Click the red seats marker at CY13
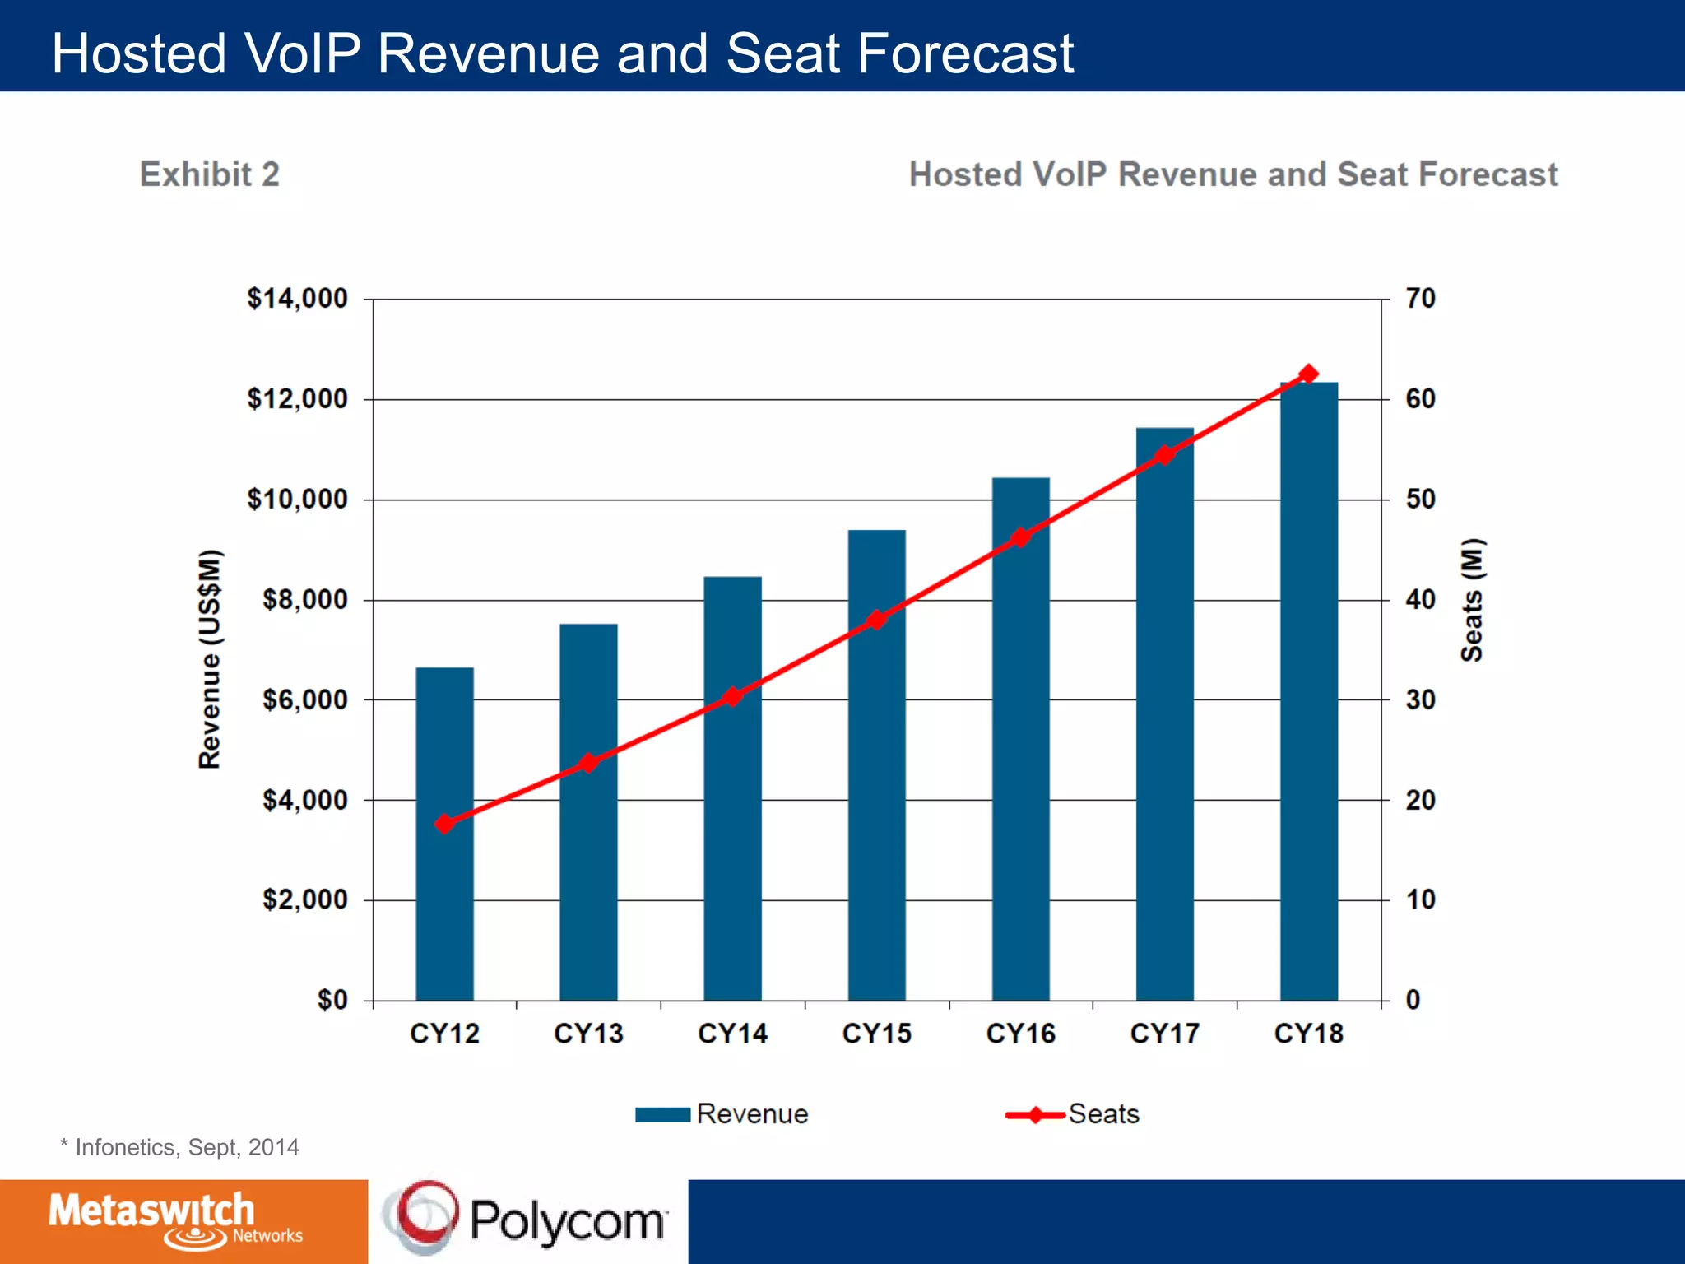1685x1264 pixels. (587, 763)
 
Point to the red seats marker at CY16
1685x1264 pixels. (1020, 537)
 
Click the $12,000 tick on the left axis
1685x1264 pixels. (297, 399)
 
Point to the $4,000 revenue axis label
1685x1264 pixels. (304, 800)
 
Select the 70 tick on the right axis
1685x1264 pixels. (1420, 299)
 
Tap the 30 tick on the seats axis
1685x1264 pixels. (1420, 699)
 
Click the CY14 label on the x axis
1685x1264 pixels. (732, 1034)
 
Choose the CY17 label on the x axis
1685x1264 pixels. (1164, 1034)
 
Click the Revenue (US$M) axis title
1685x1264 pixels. (210, 658)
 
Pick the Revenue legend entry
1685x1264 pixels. (722, 1114)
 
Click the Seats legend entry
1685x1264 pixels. (1074, 1114)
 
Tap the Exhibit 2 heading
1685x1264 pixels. (210, 174)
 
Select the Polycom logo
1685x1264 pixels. (527, 1220)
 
